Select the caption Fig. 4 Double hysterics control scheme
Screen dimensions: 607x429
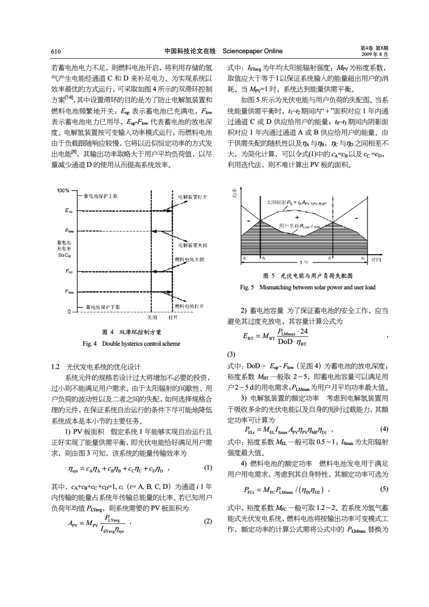[131, 344]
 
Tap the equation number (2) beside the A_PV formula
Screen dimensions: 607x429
[208, 521]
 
